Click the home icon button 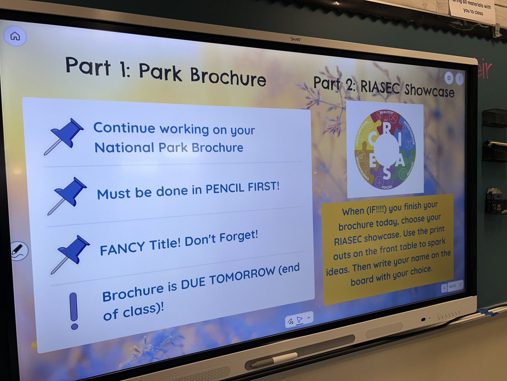(x=15, y=36)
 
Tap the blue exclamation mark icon (x=74, y=310)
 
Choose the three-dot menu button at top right (x=460, y=79)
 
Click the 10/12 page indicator (x=452, y=287)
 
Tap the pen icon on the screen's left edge (x=18, y=251)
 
